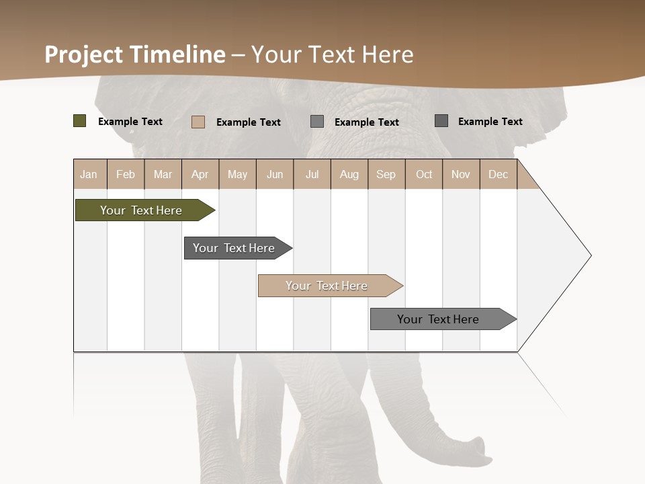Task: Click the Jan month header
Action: click(x=89, y=174)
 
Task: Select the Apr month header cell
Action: click(x=200, y=174)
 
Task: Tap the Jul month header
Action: click(x=312, y=174)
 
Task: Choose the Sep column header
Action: click(x=386, y=174)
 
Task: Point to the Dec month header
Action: click(x=498, y=174)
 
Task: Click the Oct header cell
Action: click(x=424, y=174)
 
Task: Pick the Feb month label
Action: click(x=126, y=174)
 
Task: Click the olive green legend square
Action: click(x=79, y=121)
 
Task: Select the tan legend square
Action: click(x=198, y=122)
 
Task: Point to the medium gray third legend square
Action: click(x=317, y=122)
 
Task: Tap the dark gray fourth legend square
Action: click(x=441, y=121)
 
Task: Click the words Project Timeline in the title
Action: click(x=134, y=54)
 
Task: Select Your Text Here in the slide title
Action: click(x=332, y=54)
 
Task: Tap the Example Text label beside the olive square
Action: click(x=130, y=122)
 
